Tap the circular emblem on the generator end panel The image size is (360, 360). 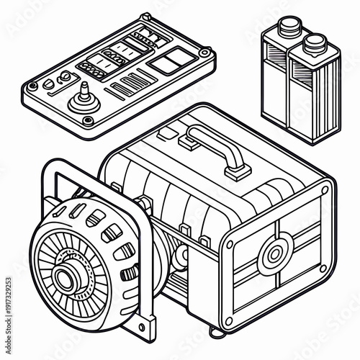[274, 253]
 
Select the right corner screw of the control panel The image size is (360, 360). [205, 53]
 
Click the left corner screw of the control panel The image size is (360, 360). [30, 86]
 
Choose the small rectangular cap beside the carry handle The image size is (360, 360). [166, 134]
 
